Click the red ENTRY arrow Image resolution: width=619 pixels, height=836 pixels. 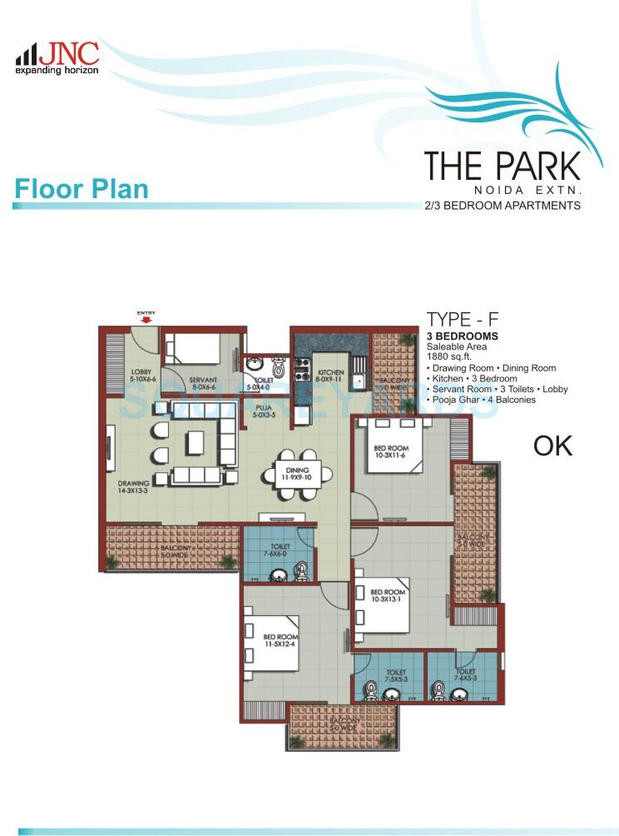pyautogui.click(x=146, y=317)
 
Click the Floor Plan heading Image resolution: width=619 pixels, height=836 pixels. pyautogui.click(x=82, y=188)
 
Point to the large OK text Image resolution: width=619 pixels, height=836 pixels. pyautogui.click(x=552, y=445)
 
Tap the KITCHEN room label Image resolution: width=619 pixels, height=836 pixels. pyautogui.click(x=329, y=376)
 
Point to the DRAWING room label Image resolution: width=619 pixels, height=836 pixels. pyautogui.click(x=134, y=487)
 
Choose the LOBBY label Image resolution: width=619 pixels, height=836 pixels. pyautogui.click(x=141, y=376)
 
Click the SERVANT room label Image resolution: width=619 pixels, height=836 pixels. pyautogui.click(x=204, y=382)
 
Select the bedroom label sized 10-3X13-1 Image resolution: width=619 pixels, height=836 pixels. pyautogui.click(x=388, y=596)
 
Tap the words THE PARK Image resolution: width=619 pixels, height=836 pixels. pyautogui.click(x=502, y=166)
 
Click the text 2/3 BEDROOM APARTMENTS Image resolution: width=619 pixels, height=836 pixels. pyautogui.click(x=503, y=205)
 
